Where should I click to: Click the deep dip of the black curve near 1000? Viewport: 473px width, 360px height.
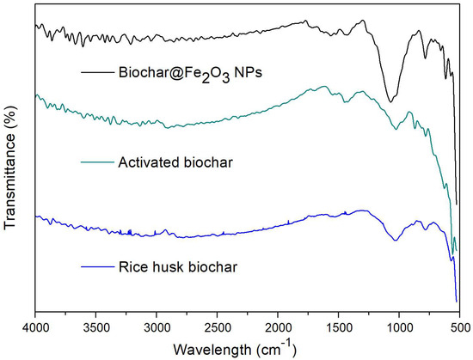[x=391, y=101]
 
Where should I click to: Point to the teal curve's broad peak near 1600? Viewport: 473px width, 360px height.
[x=324, y=87]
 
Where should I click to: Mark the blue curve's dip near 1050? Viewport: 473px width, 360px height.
[x=395, y=240]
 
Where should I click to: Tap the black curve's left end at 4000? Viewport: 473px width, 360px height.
[x=35, y=26]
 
